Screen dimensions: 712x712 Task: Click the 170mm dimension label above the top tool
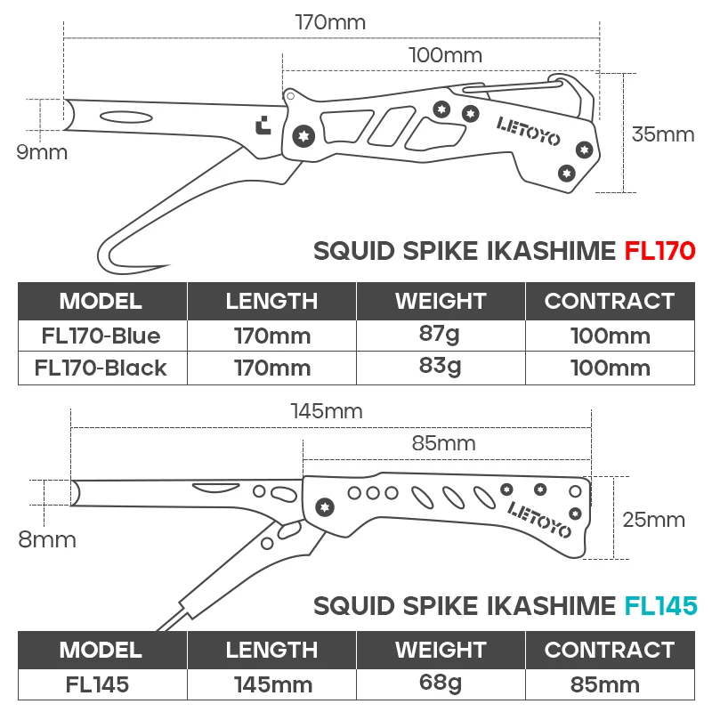330,22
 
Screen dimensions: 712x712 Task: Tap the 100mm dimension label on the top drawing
445,55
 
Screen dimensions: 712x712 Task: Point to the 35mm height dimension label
662,134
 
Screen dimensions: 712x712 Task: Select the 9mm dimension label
42,152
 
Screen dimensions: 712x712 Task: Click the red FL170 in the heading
659,251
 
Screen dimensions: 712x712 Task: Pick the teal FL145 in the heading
660,606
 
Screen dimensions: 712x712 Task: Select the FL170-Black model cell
101,368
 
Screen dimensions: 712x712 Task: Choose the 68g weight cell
440,683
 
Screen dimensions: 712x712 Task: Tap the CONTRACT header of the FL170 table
610,301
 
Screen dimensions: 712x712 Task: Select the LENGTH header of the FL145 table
271,650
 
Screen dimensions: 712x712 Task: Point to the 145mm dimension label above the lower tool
327,411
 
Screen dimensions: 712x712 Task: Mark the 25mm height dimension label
653,520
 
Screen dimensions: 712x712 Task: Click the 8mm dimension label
47,540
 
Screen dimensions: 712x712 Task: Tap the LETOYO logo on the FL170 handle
528,131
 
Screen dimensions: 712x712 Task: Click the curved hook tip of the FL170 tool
167,264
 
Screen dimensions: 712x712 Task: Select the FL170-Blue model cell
101,336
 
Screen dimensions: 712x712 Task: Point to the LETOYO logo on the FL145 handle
539,520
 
